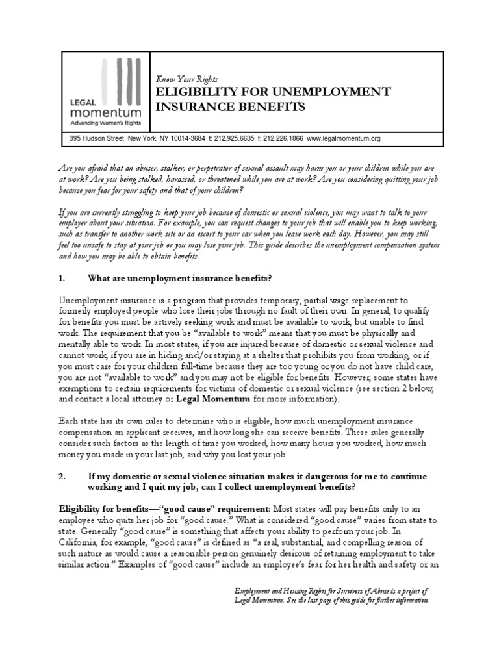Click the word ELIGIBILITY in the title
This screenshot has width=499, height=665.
tap(197, 92)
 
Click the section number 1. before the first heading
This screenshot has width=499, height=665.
tap(62, 279)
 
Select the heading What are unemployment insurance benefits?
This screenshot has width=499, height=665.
tap(179, 279)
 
